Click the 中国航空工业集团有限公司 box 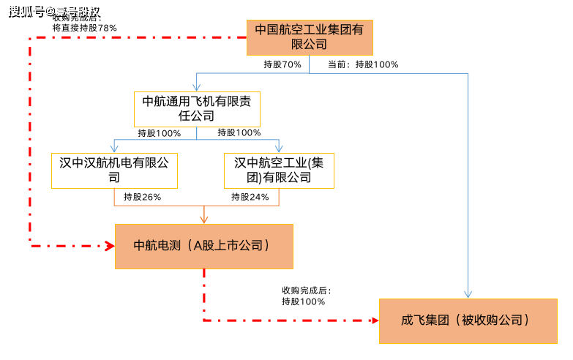pos(309,37)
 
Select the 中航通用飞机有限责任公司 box pos(197,108)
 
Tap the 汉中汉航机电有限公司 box pos(113,170)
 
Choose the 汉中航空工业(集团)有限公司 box pos(278,170)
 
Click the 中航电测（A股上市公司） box pos(203,246)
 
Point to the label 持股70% pos(282,64)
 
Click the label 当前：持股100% pos(363,64)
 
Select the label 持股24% pos(250,197)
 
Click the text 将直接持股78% pos(84,27)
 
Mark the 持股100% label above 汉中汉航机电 pos(159,133)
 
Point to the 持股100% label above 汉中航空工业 pos(239,133)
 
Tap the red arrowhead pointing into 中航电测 pos(109,246)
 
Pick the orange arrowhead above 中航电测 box pos(204,220)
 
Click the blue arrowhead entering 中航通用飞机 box pos(196,87)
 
